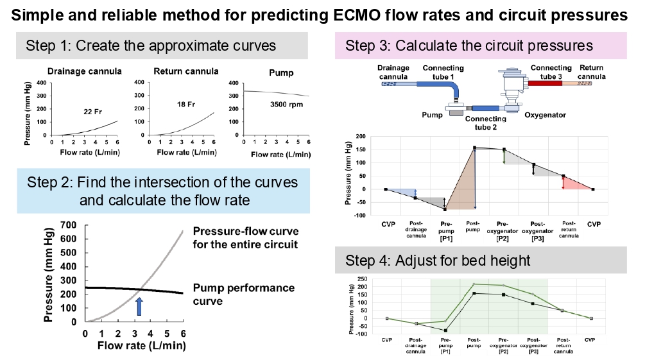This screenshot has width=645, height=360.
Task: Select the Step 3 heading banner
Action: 469,46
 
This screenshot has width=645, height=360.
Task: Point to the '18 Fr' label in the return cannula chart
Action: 185,103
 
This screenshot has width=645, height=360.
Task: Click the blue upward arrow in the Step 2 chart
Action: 139,307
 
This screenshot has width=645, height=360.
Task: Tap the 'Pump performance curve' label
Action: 243,294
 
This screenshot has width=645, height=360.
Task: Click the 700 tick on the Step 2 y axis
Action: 71,225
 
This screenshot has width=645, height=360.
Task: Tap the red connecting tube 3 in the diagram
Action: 545,83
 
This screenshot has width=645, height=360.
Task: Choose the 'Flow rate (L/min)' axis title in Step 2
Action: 142,347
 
